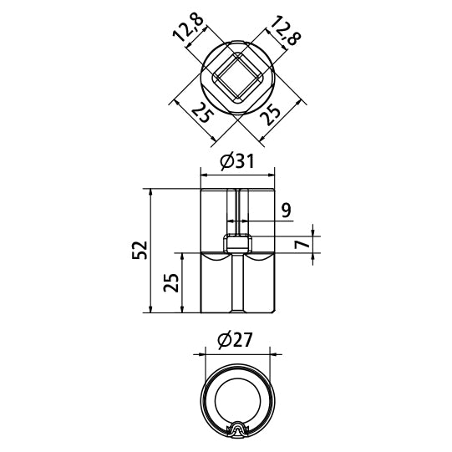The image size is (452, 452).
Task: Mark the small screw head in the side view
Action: click(238, 246)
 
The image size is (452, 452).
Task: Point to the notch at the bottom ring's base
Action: click(237, 429)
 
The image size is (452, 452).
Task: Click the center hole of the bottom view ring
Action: click(237, 399)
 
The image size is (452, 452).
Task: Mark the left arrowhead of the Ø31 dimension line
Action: click(204, 175)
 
